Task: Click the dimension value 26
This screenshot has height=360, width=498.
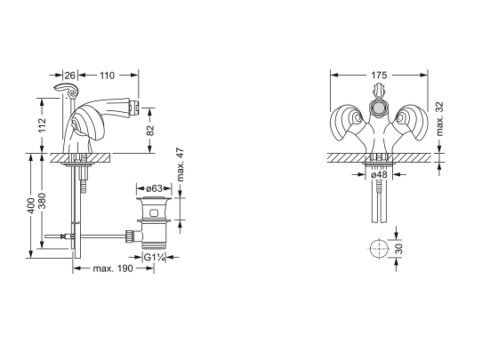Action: (x=70, y=76)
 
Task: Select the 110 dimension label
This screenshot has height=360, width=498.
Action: (x=107, y=76)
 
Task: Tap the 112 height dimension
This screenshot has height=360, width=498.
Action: (x=42, y=125)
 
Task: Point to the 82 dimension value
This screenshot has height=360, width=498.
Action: (x=150, y=130)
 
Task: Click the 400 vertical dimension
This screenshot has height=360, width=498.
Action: (x=32, y=205)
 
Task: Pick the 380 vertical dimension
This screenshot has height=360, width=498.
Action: (x=42, y=201)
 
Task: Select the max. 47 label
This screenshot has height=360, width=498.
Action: (x=180, y=164)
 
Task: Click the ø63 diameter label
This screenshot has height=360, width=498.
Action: (x=155, y=188)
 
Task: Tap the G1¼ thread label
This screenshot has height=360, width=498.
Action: (x=155, y=258)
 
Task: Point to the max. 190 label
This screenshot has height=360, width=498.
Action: (x=113, y=268)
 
